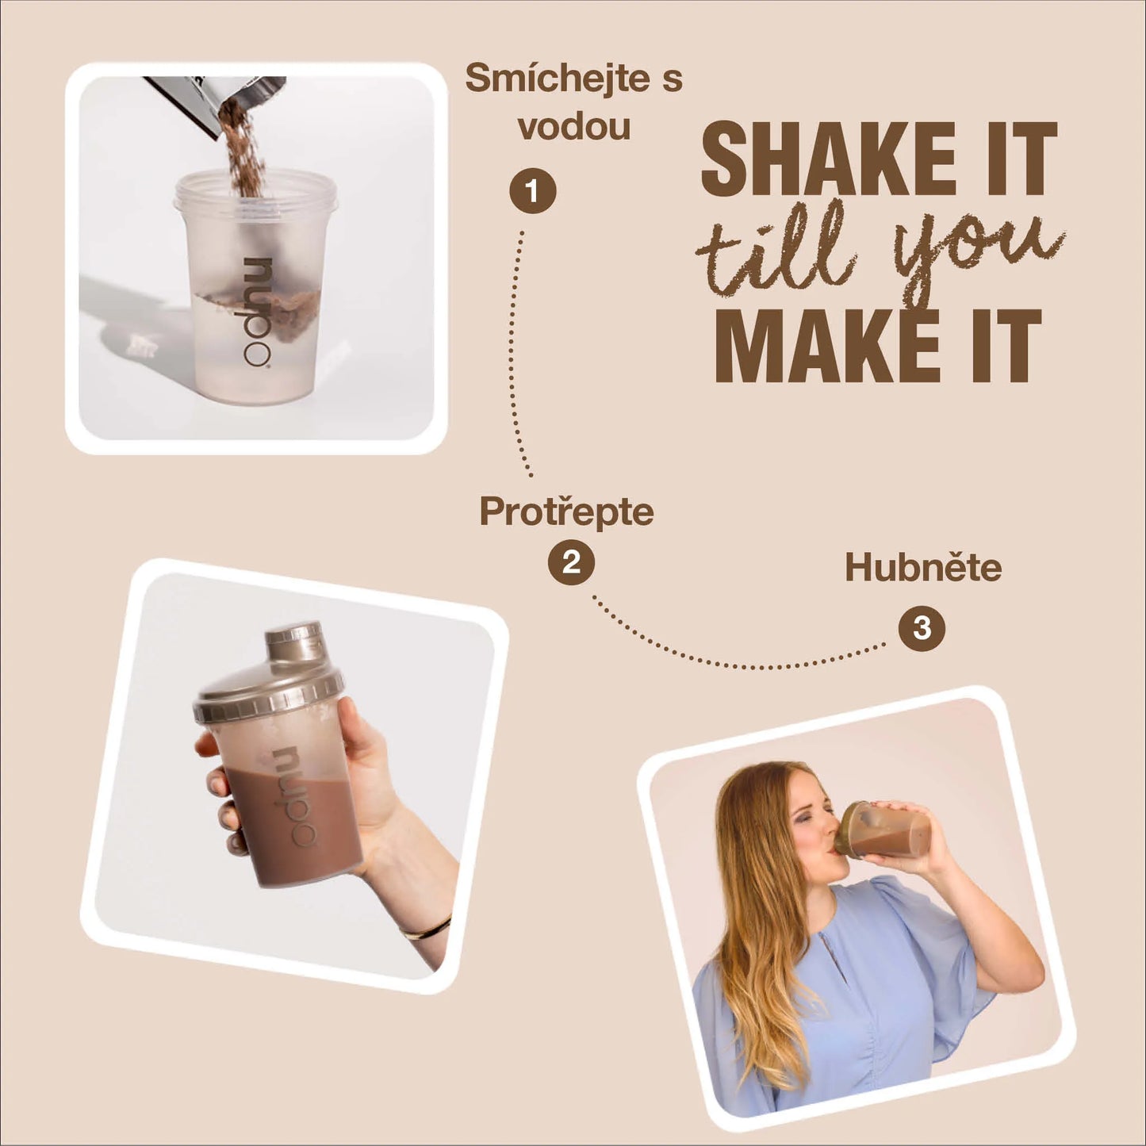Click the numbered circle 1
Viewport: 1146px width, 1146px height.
532,191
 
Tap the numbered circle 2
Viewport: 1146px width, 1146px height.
571,562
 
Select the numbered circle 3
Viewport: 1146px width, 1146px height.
922,628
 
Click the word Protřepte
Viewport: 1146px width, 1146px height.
566,512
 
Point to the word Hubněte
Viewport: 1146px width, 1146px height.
923,567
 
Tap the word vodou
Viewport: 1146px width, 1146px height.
574,127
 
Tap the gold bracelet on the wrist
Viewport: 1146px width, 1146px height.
427,929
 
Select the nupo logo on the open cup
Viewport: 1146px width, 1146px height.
257,312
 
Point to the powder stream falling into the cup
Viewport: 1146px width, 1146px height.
245,148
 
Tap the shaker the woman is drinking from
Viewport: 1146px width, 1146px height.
881,830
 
